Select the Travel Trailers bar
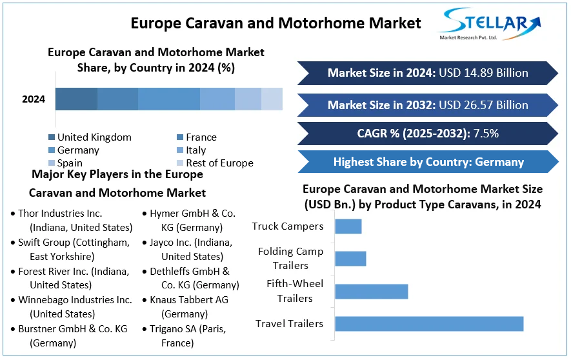click(429, 323)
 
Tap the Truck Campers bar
click(348, 226)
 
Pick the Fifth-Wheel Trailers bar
click(372, 291)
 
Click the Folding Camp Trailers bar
click(350, 258)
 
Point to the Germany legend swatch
click(52, 150)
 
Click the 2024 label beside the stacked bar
click(34, 99)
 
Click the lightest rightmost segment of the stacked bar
click(272, 99)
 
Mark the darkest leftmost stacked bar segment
click(76, 99)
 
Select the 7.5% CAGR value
click(486, 134)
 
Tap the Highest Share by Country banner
click(428, 162)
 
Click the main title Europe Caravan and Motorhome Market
click(275, 23)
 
